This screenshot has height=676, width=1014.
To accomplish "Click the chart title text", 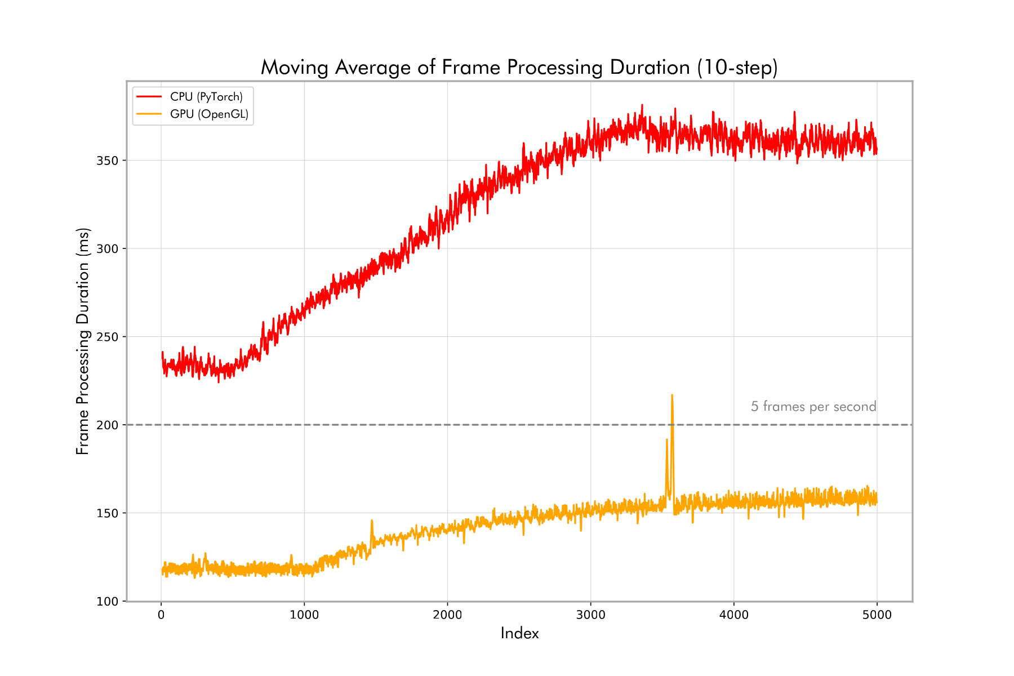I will (x=519, y=68).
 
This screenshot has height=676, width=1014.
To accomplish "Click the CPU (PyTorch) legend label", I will (x=206, y=97).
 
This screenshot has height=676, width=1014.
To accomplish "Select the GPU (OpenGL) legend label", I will (x=209, y=114).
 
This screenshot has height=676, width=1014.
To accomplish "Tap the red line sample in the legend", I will (x=149, y=97).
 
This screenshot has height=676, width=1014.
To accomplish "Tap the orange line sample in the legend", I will (x=149, y=114).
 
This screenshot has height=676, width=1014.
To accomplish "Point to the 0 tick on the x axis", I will (x=161, y=615).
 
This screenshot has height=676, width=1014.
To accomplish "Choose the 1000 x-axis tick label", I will (x=304, y=615).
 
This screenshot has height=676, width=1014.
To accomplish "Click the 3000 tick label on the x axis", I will (x=590, y=615).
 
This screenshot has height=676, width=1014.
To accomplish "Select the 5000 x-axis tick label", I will (x=877, y=615).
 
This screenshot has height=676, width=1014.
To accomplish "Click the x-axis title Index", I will (x=519, y=634).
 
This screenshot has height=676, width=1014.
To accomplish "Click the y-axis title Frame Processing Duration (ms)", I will (x=83, y=341).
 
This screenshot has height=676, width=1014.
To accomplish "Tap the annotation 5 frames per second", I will (x=813, y=407).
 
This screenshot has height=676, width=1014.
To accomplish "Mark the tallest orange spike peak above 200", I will (x=672, y=395).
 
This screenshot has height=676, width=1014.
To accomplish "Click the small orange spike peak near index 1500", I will (x=372, y=521).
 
